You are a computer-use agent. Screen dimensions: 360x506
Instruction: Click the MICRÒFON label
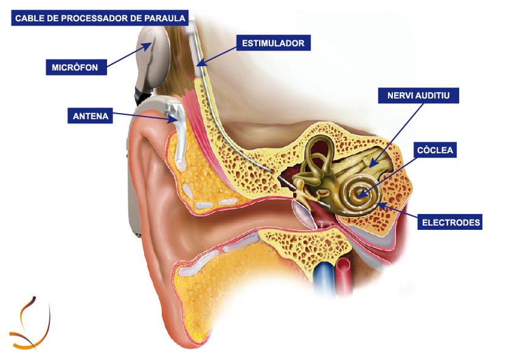[76, 66]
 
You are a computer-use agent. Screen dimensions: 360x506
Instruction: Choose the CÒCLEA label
[435, 150]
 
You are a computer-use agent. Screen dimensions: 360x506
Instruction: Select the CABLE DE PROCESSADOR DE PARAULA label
[100, 18]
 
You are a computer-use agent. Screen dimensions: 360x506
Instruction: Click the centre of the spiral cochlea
[359, 195]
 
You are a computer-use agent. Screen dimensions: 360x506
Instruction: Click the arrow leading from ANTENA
[145, 117]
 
